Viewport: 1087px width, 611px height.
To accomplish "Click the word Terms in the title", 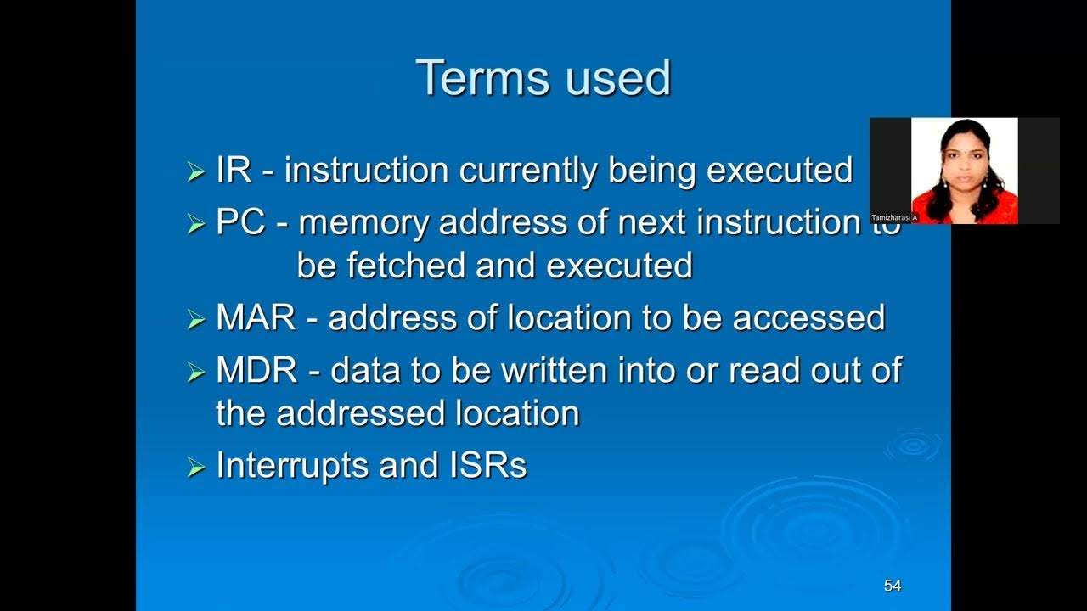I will [477, 78].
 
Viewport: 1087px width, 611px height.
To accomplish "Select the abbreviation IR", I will [234, 171].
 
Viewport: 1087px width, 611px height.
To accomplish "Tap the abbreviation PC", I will [241, 222].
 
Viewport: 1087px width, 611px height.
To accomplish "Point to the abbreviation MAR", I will [256, 317].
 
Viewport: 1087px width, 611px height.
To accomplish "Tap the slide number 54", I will [892, 586].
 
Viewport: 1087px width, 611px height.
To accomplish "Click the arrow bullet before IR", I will [196, 172].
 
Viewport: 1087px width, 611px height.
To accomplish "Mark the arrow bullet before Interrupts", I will [196, 468].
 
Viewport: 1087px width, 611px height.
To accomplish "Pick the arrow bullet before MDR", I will [196, 372].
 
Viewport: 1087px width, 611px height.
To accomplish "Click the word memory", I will [364, 222].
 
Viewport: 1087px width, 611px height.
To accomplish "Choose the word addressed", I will [360, 414].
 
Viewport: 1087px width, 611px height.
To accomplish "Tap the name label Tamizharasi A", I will [894, 218].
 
